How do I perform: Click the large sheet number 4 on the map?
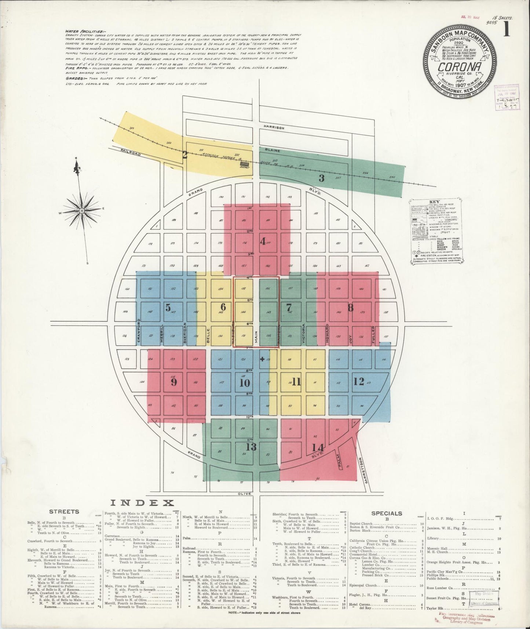tap(263, 241)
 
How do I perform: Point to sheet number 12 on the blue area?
tap(359, 381)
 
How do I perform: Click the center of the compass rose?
tap(81, 211)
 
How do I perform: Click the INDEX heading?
tap(142, 503)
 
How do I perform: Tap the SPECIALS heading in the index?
tap(387, 513)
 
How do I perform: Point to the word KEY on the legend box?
tap(434, 202)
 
